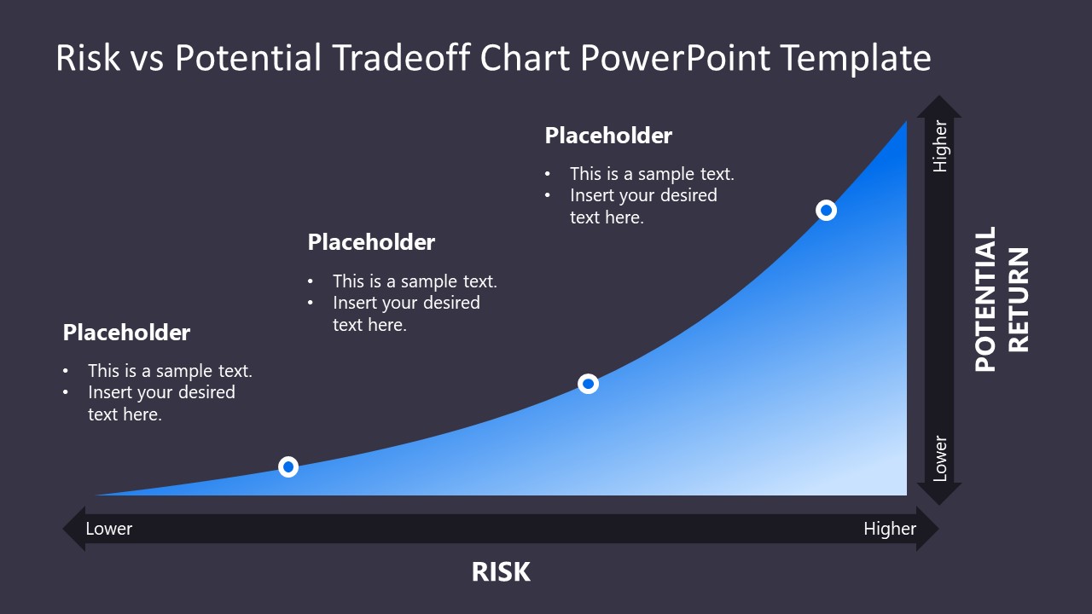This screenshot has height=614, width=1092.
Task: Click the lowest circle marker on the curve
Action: [288, 466]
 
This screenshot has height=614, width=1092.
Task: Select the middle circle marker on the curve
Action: [588, 384]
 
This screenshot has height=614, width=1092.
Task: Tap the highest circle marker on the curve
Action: [826, 210]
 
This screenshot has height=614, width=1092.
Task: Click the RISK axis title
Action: [501, 572]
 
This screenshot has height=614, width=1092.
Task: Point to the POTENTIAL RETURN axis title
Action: [1002, 298]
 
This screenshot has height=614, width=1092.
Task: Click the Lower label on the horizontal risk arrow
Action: [109, 529]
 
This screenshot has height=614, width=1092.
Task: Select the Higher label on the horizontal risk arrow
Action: [889, 529]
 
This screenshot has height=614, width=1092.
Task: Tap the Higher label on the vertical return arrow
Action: [940, 147]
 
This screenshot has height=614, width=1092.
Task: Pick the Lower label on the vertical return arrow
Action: [940, 459]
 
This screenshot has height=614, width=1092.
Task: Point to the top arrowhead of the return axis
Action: [939, 107]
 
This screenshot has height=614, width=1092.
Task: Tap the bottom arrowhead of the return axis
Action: [939, 494]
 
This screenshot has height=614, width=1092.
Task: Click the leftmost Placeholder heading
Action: [126, 333]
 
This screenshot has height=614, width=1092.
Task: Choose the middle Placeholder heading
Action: [371, 242]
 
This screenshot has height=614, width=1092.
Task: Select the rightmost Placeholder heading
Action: [608, 136]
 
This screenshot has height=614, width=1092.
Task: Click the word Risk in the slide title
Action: [88, 58]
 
